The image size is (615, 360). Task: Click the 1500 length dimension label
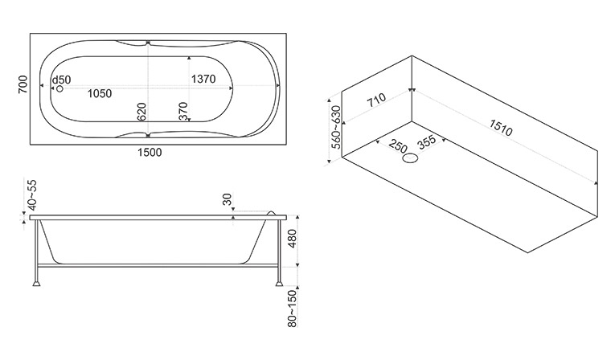click(150, 152)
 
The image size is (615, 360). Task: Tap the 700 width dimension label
click(23, 84)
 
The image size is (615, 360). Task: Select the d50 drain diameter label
click(62, 80)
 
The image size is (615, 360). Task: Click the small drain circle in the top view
click(59, 89)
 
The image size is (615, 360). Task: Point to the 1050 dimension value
click(100, 94)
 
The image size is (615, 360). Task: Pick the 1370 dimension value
click(203, 80)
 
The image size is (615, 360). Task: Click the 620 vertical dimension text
click(141, 112)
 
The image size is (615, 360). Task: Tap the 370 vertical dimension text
click(182, 112)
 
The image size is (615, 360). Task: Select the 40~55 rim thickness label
click(32, 195)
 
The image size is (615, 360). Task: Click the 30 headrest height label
click(227, 199)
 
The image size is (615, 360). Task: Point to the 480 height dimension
click(292, 239)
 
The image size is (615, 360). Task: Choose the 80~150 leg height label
click(293, 309)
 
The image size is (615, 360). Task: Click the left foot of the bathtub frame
click(36, 282)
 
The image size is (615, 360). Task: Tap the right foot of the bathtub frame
click(279, 282)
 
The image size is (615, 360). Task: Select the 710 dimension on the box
click(376, 100)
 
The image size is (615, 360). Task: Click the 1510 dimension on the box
click(501, 128)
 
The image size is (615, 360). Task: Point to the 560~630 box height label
click(337, 128)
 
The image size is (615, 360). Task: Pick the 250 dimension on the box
click(398, 145)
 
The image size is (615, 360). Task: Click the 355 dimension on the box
click(427, 142)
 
